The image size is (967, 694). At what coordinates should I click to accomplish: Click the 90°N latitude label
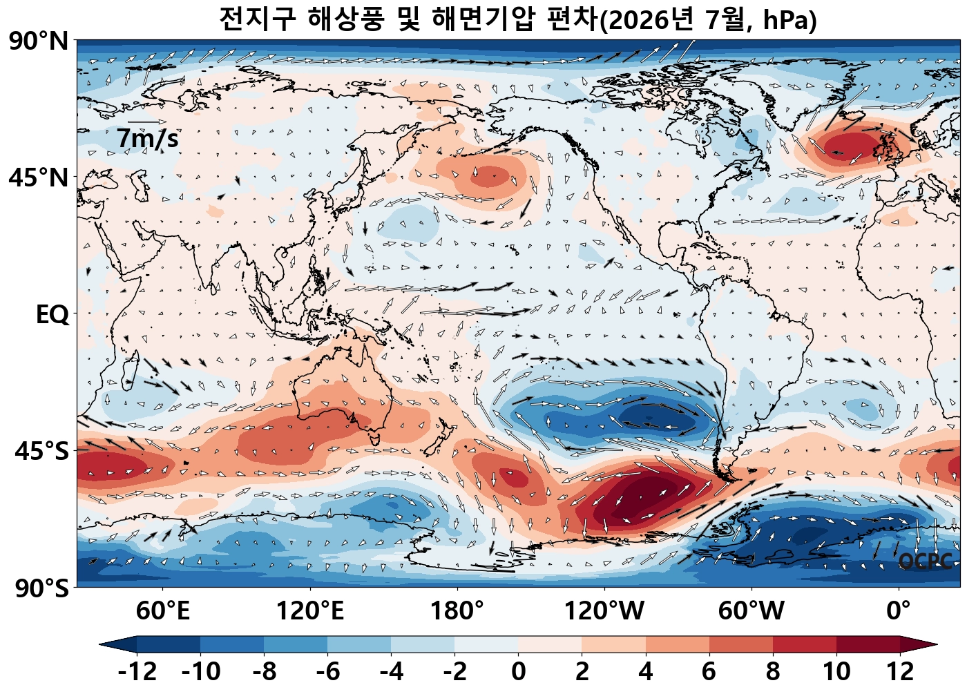[39, 42]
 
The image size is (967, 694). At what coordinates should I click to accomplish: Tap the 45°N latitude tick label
[39, 178]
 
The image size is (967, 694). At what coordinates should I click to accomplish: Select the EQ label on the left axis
[52, 315]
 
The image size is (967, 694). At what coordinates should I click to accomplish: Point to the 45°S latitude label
[42, 452]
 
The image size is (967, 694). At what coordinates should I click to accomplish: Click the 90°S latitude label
[42, 588]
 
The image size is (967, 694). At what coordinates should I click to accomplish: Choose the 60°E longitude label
[163, 610]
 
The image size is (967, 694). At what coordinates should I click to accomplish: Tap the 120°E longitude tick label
[310, 610]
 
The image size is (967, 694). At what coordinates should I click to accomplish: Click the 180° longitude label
[457, 610]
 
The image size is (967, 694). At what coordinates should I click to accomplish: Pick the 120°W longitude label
[604, 610]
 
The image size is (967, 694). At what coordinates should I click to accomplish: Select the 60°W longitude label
[751, 610]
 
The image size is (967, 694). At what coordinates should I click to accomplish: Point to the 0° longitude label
[899, 610]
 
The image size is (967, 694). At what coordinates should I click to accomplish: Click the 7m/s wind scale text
[147, 139]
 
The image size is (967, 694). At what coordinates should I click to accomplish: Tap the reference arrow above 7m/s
[147, 122]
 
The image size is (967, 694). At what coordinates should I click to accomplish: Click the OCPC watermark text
[925, 561]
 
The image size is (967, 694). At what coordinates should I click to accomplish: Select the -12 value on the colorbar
[137, 671]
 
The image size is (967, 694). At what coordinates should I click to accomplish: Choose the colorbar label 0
[518, 671]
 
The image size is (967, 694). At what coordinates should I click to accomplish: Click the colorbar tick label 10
[836, 671]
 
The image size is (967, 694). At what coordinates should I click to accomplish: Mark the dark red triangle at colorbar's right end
[919, 644]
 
